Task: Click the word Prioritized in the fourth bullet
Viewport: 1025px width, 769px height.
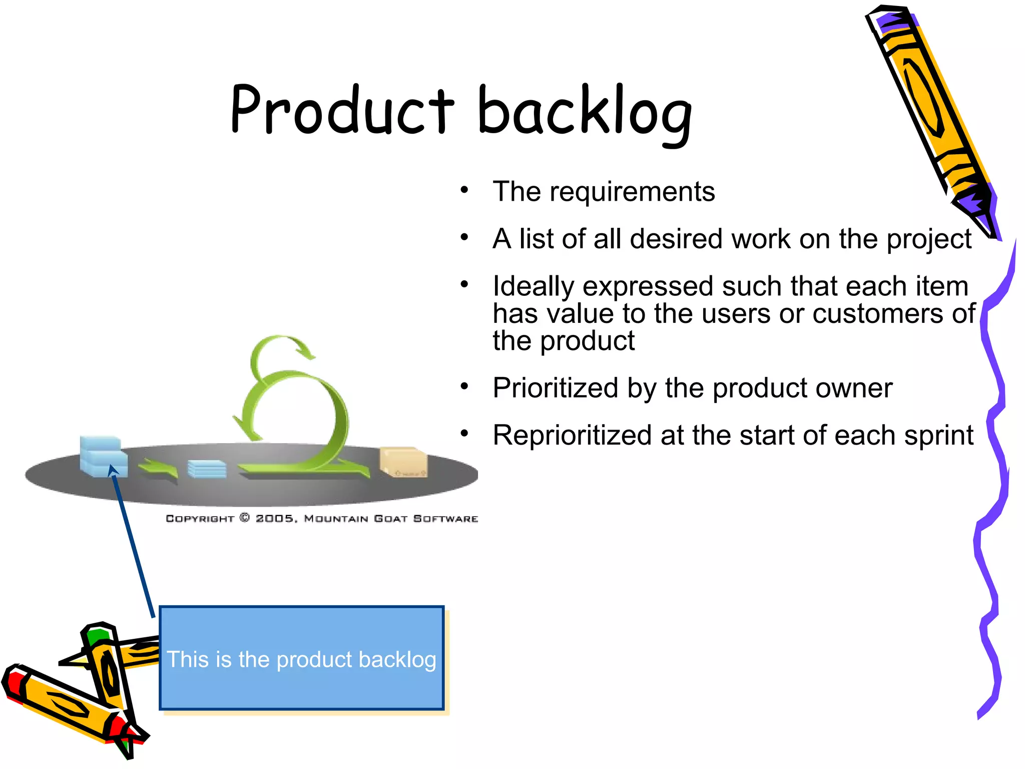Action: click(x=555, y=388)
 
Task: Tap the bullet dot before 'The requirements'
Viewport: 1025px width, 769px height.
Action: click(x=464, y=190)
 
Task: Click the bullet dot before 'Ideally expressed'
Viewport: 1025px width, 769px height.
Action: click(x=464, y=284)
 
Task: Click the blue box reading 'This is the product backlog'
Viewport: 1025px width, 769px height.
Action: click(x=301, y=658)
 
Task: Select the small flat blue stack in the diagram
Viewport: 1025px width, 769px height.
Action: click(x=207, y=469)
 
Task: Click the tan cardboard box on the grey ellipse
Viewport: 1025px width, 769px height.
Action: click(x=403, y=462)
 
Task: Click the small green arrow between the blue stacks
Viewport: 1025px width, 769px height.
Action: click(x=159, y=469)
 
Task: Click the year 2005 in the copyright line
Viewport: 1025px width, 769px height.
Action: click(x=274, y=519)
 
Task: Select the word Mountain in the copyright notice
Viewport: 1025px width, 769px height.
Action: click(x=336, y=519)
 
